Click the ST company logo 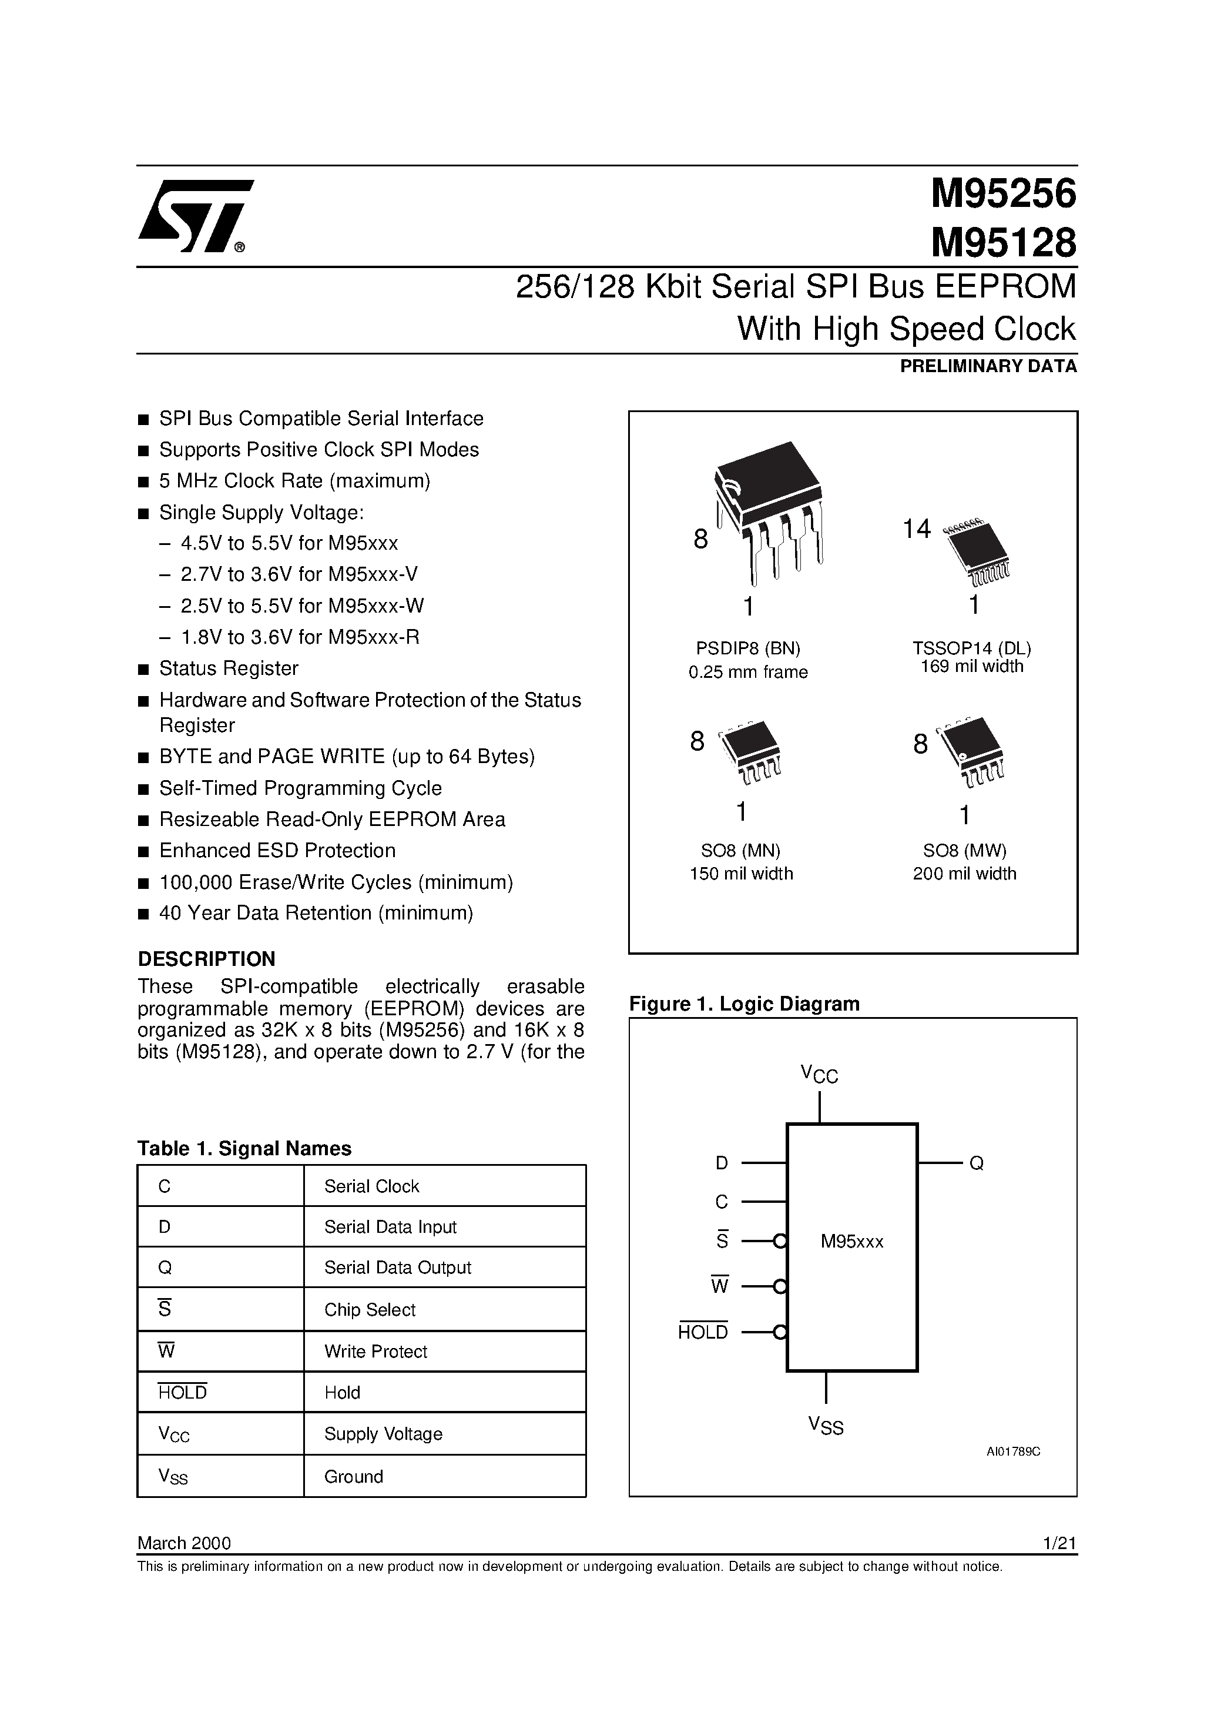pyautogui.click(x=194, y=216)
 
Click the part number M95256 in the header pyautogui.click(x=1002, y=194)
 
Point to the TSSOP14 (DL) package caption pyautogui.click(x=971, y=648)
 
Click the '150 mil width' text pyautogui.click(x=741, y=873)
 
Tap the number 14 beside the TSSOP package pyautogui.click(x=916, y=529)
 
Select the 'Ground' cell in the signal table pyautogui.click(x=353, y=1476)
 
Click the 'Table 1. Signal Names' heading pyautogui.click(x=244, y=1149)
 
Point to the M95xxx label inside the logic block pyautogui.click(x=852, y=1241)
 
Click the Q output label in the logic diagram pyautogui.click(x=976, y=1163)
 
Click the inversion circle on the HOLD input pyautogui.click(x=780, y=1332)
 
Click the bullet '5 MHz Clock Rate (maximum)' pyautogui.click(x=294, y=481)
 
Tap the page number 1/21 pyautogui.click(x=1058, y=1543)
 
